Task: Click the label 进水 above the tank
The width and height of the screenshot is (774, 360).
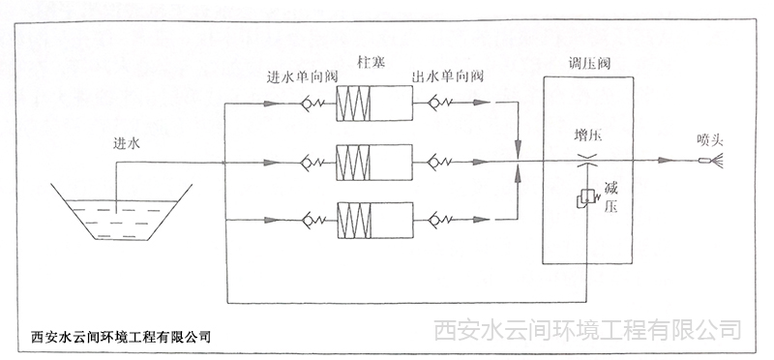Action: (127, 145)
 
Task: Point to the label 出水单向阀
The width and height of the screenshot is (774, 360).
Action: (446, 77)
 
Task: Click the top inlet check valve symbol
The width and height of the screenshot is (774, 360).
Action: (313, 104)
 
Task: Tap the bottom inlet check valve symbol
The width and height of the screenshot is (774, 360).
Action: (313, 215)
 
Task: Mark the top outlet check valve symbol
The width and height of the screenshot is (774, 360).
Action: (437, 104)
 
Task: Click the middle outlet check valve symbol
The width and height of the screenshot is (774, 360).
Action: (437, 159)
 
